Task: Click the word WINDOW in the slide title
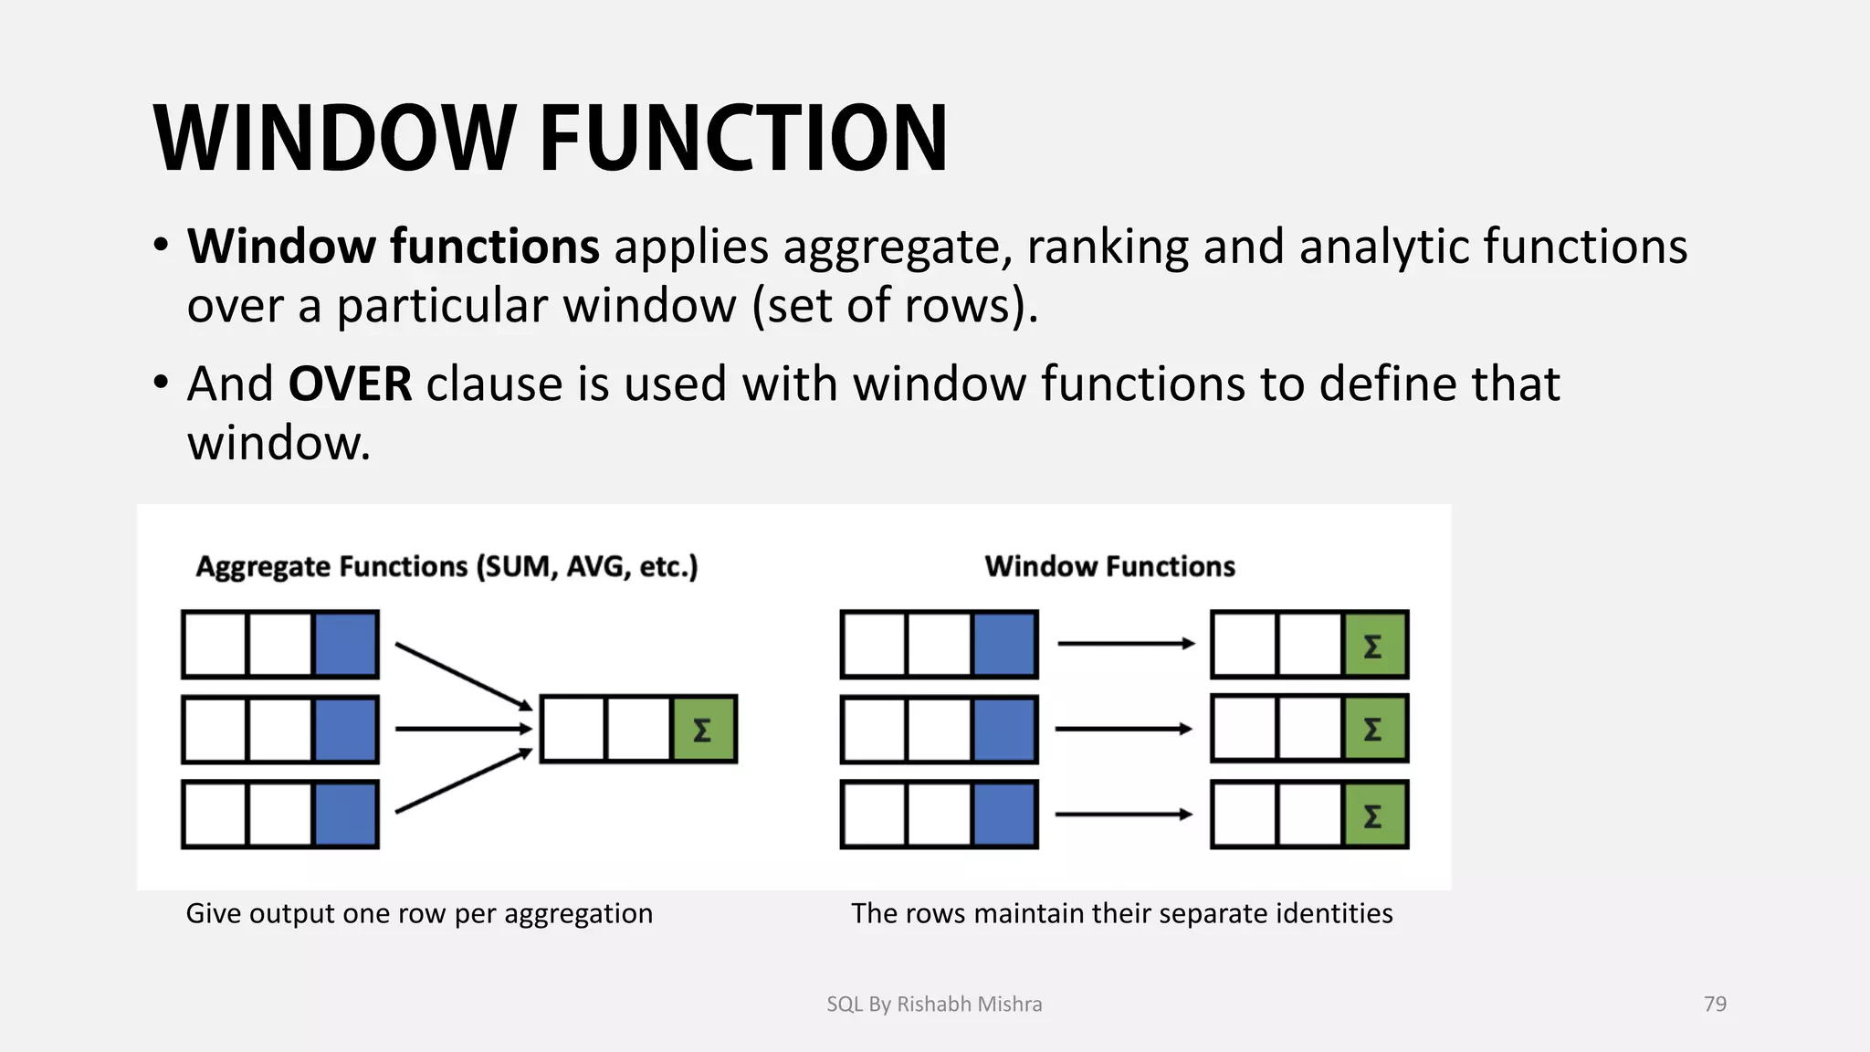(335, 139)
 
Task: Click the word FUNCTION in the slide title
(743, 139)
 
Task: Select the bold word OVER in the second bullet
(350, 384)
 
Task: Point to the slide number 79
(1715, 1004)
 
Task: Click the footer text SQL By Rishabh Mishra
(934, 1004)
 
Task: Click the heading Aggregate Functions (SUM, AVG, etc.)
(446, 566)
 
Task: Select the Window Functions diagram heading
(1109, 566)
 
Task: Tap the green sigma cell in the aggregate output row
(703, 729)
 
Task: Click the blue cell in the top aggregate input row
(345, 645)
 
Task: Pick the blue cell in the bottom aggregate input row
(345, 814)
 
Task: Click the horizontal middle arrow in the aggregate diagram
(463, 729)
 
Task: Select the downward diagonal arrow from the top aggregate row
(463, 676)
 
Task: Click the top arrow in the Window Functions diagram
(1125, 644)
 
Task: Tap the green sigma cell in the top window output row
(1373, 645)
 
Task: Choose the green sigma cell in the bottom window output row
(1373, 814)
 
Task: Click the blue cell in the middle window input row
(1004, 729)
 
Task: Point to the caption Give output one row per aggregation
(419, 913)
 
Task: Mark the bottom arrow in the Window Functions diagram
(1123, 814)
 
